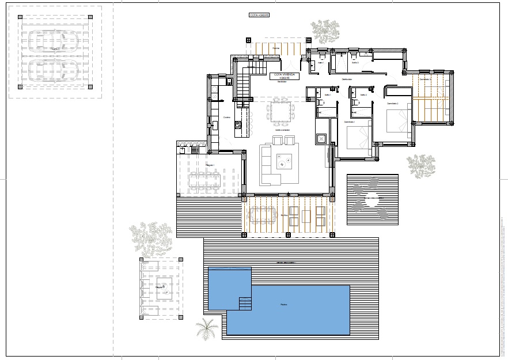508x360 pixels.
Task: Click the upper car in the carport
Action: (54, 41)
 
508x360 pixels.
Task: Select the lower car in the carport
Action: (54, 70)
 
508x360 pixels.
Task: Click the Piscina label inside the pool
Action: (283, 305)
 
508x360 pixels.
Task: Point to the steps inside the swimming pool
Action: (245, 302)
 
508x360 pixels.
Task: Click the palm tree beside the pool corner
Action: (207, 329)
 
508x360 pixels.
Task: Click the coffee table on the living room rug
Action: (284, 163)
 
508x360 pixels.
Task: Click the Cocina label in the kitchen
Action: (226, 118)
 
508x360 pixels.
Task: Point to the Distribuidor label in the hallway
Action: (347, 79)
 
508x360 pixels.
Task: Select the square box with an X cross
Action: (321, 138)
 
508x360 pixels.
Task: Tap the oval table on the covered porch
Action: (261, 215)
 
